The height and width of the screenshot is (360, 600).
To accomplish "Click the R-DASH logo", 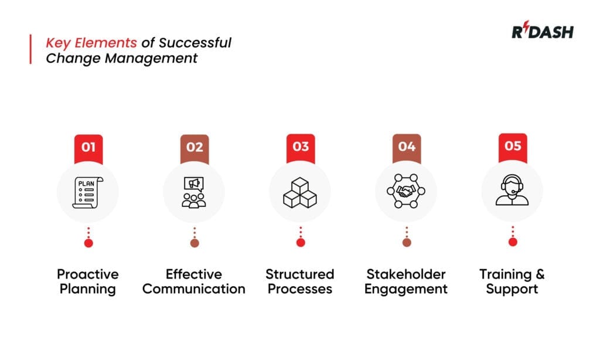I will click(x=542, y=31).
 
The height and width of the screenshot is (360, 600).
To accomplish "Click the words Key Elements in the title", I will click(x=91, y=43).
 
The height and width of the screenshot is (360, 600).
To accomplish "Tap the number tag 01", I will click(x=88, y=147).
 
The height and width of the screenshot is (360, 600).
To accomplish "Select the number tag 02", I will click(x=195, y=147).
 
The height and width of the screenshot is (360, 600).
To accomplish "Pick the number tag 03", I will click(x=301, y=147).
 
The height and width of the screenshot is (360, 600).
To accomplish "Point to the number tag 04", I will click(x=407, y=147).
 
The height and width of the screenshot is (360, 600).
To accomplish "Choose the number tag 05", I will click(x=513, y=147).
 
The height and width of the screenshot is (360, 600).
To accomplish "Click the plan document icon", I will click(x=88, y=192).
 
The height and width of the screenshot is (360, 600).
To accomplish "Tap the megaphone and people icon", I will click(x=194, y=192).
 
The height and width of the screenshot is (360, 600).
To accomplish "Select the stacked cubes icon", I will click(x=300, y=192).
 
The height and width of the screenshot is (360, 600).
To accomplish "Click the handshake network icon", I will click(x=406, y=192).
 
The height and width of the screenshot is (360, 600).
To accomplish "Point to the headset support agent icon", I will click(x=512, y=192).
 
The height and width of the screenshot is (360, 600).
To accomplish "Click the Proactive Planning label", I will click(x=88, y=281).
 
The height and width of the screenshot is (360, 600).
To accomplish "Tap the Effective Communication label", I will click(x=194, y=281).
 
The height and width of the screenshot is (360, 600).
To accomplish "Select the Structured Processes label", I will click(x=300, y=281).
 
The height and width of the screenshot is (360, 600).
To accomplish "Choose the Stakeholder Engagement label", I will click(x=406, y=281).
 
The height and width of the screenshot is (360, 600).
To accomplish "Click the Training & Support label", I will click(x=512, y=281).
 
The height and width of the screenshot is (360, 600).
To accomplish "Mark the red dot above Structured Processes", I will click(x=301, y=243).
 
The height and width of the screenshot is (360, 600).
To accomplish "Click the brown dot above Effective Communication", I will click(x=195, y=243).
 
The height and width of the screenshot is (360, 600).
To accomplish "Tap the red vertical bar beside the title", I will click(x=30, y=49).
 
